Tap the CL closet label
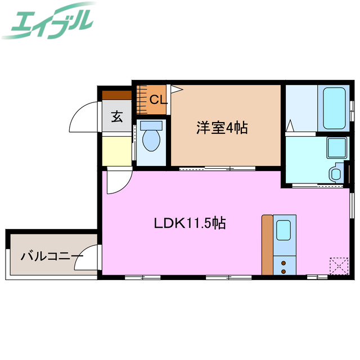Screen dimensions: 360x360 coord(158,100)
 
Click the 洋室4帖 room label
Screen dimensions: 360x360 coord(222,128)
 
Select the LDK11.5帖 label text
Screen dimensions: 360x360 coord(190,223)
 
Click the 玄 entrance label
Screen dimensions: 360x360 coord(116,117)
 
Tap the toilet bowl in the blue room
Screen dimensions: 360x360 coord(151,139)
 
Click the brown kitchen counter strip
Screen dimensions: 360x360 coord(267,244)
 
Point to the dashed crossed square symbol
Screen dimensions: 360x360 coord(337,265)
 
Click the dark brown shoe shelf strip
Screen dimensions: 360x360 coord(116,95)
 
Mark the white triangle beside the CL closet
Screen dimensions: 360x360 coord(175,89)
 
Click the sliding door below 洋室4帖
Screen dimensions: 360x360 coord(216,168)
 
